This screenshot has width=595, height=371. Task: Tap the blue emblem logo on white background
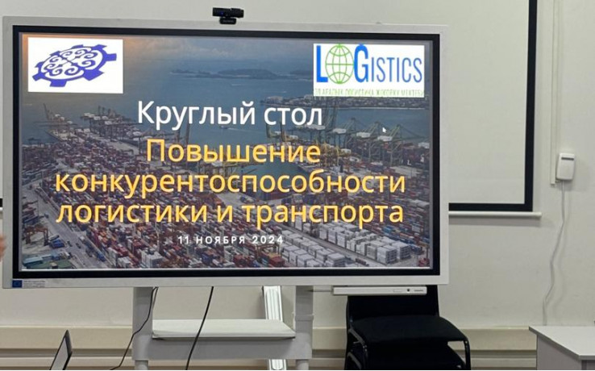click(x=74, y=65)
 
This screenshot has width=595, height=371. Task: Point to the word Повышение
click(x=233, y=152)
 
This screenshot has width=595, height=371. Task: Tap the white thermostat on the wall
click(x=565, y=167)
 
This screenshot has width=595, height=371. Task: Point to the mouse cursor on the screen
click(x=385, y=130)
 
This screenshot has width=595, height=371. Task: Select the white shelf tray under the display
click(x=224, y=328)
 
